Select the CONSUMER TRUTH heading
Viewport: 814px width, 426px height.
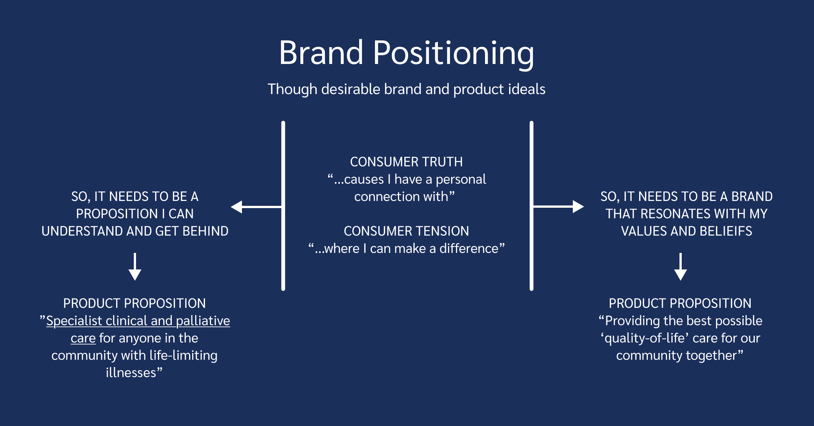[x=406, y=162]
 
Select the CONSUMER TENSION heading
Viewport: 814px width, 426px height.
[x=406, y=231]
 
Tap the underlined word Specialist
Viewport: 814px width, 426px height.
[x=74, y=321]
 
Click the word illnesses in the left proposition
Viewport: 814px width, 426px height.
[x=131, y=373]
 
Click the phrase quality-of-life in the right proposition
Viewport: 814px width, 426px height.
[x=644, y=338]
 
